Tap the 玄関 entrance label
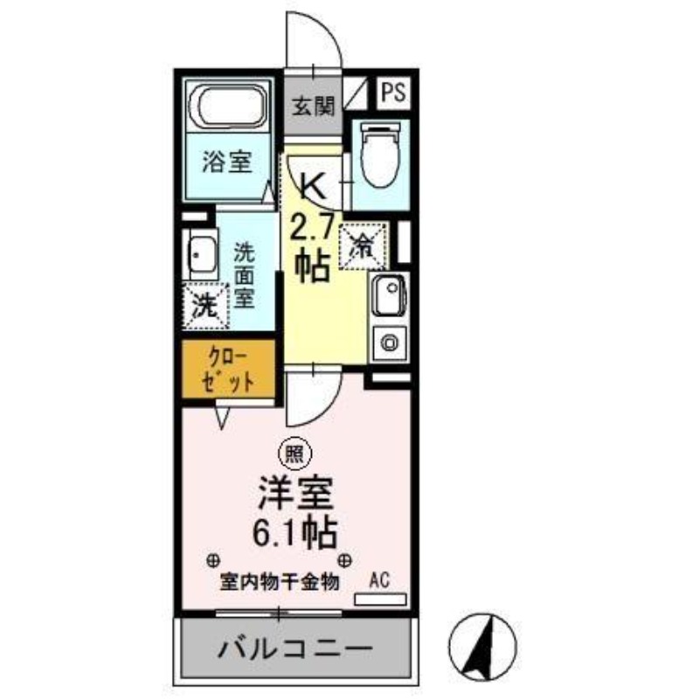click(313, 107)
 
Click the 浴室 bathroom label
click(229, 163)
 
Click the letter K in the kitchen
click(313, 184)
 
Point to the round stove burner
click(387, 341)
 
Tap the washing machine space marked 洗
click(204, 306)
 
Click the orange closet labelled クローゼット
click(230, 370)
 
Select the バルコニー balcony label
click(295, 649)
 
